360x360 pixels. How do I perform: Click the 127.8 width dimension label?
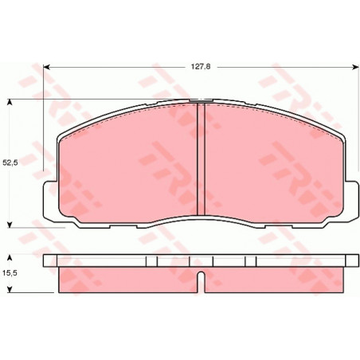pos(201,67)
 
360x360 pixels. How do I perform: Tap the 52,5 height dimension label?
pos(10,163)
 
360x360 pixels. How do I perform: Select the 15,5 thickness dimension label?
pos(10,273)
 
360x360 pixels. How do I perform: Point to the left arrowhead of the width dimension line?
pos(46,67)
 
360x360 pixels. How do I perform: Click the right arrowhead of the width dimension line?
pos(355,67)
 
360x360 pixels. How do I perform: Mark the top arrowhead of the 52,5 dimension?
pos(10,103)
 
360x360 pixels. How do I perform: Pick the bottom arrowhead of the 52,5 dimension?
pos(10,225)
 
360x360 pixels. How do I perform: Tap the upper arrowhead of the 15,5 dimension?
pos(10,258)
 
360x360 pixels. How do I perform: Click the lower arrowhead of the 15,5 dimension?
pos(10,290)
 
